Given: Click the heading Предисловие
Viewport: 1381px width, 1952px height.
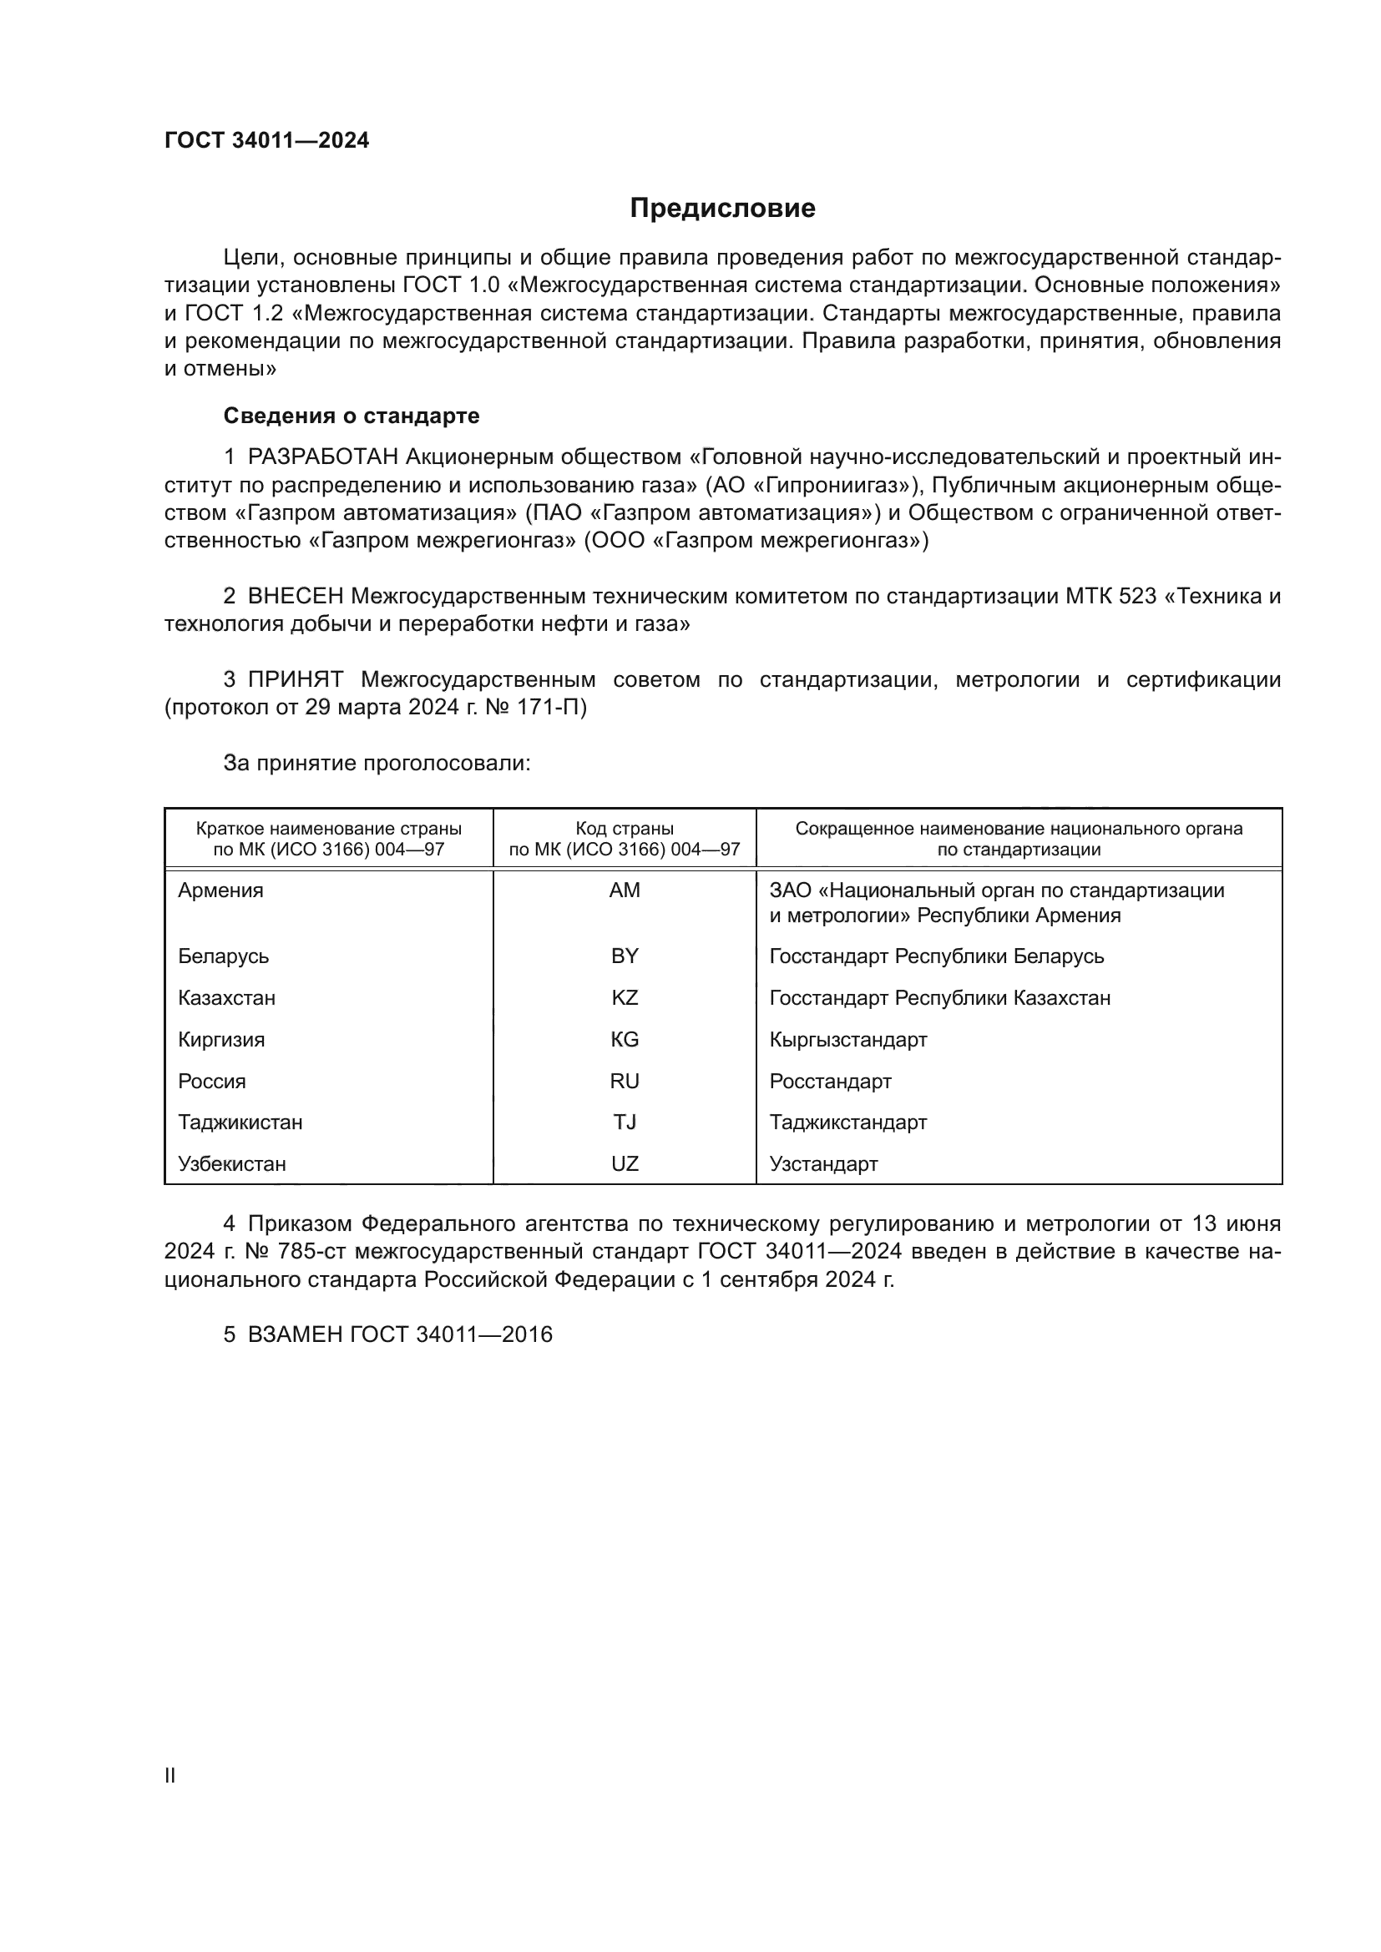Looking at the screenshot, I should (x=722, y=209).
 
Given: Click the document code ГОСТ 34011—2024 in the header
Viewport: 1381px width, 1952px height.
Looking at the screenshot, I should (x=266, y=141).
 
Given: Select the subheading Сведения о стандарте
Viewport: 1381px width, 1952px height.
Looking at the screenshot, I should (x=352, y=416).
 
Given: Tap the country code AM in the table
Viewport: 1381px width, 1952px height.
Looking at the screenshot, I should (x=625, y=890).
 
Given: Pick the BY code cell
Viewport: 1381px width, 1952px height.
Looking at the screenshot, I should (x=625, y=956).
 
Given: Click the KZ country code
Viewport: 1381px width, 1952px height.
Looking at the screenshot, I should (x=625, y=998).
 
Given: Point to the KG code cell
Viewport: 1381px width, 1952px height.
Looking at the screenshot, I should (x=625, y=1040).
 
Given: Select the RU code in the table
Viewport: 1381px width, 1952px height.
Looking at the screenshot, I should (x=625, y=1082).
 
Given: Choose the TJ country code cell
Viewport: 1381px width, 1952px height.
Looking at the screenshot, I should (x=625, y=1122).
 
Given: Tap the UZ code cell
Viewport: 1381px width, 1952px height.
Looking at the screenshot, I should (x=625, y=1164).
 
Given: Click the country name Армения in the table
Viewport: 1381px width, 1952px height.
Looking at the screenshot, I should (x=220, y=890).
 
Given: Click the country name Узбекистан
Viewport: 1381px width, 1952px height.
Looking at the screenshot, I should (x=231, y=1164).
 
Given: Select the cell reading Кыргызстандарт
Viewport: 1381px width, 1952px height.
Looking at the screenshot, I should (x=847, y=1040).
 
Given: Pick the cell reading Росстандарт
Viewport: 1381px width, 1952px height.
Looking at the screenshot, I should (x=830, y=1082).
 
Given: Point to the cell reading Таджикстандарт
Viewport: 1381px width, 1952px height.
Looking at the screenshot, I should (x=847, y=1122).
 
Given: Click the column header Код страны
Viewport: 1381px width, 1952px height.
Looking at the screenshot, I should (x=625, y=829).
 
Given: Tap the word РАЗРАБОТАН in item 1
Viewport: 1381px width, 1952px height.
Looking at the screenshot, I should (x=322, y=457).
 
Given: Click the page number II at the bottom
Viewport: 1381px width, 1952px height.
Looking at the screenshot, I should (x=170, y=1775).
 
